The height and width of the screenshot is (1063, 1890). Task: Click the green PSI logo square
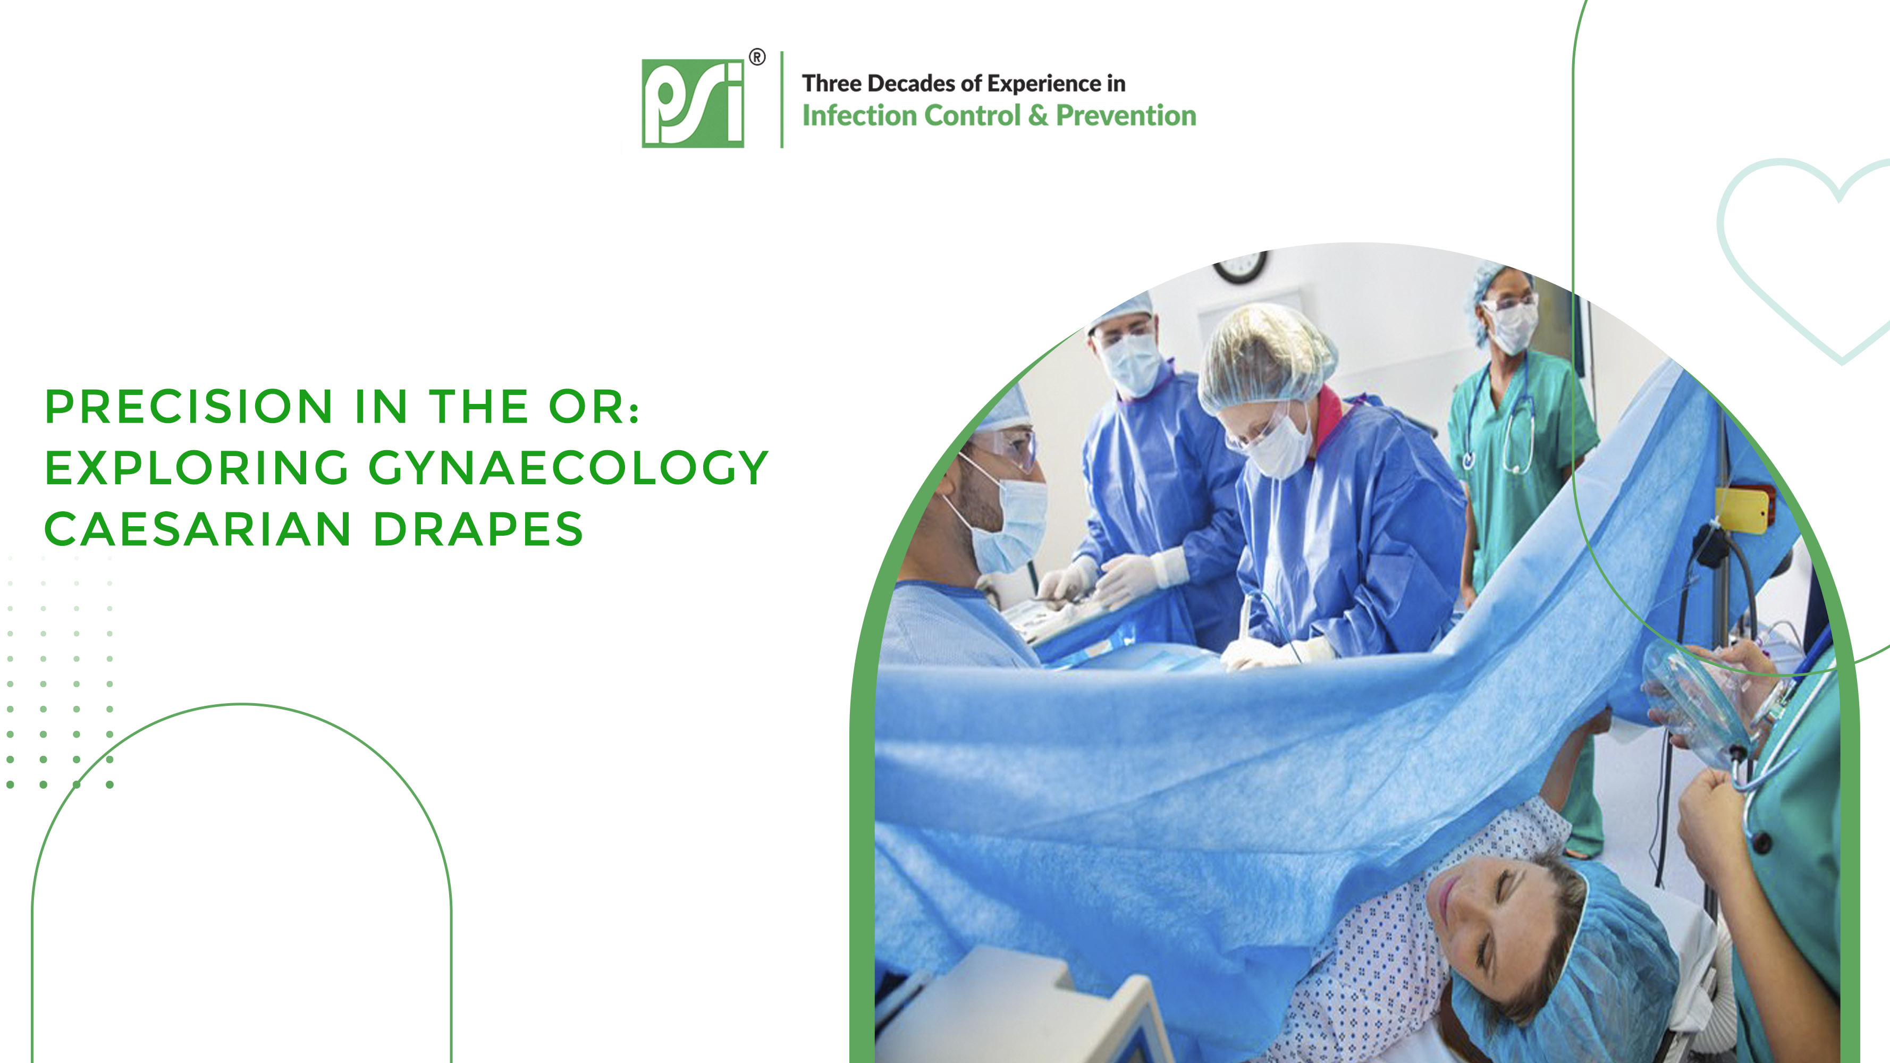click(693, 104)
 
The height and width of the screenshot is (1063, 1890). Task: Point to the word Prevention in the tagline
click(1126, 115)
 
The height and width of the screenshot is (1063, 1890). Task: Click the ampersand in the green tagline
click(1038, 116)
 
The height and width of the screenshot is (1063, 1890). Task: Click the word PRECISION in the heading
click(189, 407)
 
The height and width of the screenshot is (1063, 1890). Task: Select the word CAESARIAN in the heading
click(198, 529)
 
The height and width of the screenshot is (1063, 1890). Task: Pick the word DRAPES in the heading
click(478, 529)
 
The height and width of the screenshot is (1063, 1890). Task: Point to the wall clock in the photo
click(1240, 266)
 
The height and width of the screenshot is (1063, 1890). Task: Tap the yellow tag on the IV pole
click(1744, 509)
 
